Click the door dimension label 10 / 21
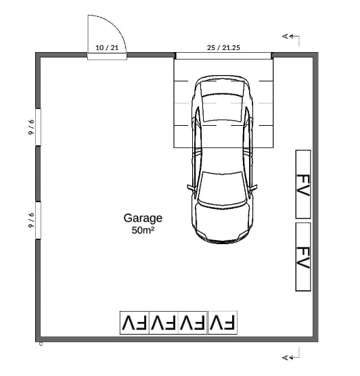[x=107, y=47]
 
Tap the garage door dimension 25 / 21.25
[x=223, y=47]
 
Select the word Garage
[x=143, y=218]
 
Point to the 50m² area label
[x=143, y=230]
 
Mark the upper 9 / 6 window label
[x=31, y=127]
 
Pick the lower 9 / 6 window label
[x=31, y=220]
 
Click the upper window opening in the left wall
[x=38, y=127]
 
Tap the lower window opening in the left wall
[x=38, y=220]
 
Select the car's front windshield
[x=222, y=187]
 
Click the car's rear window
[x=222, y=108]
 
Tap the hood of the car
[x=222, y=220]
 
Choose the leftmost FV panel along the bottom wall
[x=135, y=323]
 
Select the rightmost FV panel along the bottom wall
[x=223, y=323]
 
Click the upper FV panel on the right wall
[x=303, y=184]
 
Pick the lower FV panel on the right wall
[x=303, y=257]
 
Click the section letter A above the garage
[x=285, y=37]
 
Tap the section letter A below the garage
[x=285, y=358]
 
